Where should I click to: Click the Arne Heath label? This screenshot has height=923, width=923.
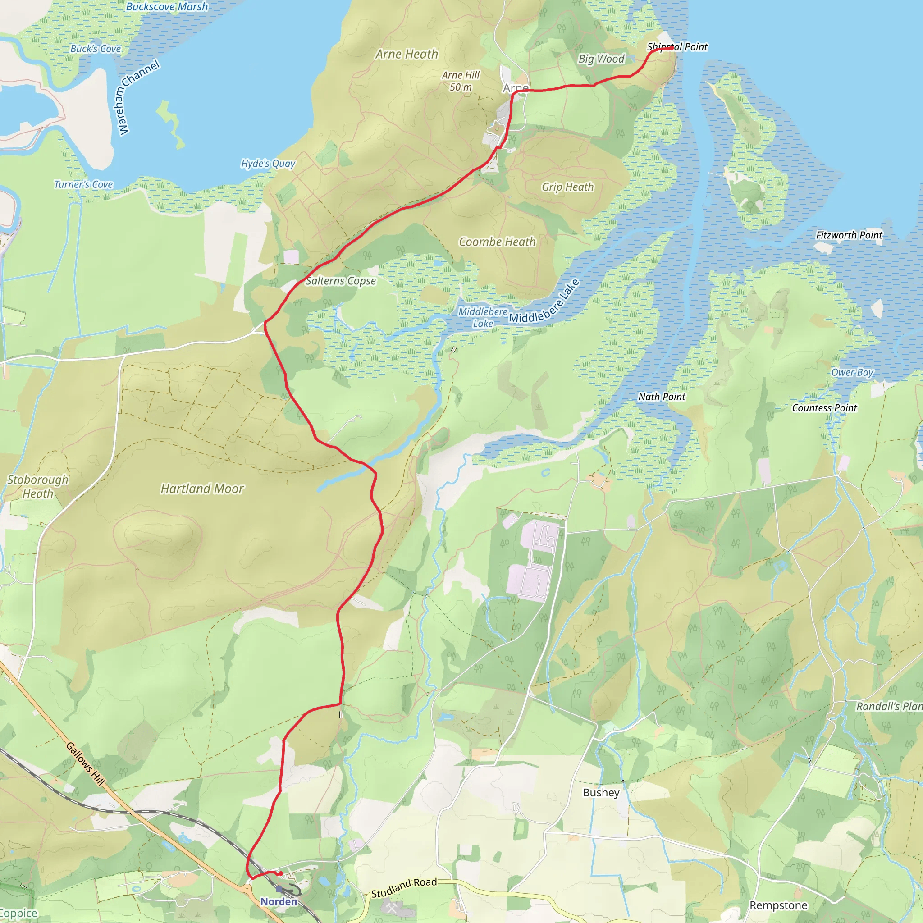pyautogui.click(x=407, y=55)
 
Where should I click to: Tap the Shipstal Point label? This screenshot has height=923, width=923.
pyautogui.click(x=677, y=47)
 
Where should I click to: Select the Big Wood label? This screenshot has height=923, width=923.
pyautogui.click(x=601, y=59)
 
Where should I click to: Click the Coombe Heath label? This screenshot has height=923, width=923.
pyautogui.click(x=498, y=242)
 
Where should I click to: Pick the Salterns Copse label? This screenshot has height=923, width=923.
pyautogui.click(x=341, y=281)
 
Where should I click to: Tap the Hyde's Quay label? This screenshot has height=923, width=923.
pyautogui.click(x=268, y=164)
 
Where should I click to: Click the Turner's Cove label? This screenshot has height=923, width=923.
pyautogui.click(x=84, y=184)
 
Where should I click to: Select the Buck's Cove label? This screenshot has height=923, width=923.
pyautogui.click(x=96, y=49)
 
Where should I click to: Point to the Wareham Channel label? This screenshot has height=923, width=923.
pyautogui.click(x=138, y=97)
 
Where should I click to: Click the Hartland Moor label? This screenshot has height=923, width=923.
pyautogui.click(x=202, y=488)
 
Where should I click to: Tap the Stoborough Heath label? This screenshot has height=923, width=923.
pyautogui.click(x=38, y=486)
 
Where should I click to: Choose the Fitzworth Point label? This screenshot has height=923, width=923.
pyautogui.click(x=849, y=235)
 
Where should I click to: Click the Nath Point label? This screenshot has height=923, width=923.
pyautogui.click(x=662, y=397)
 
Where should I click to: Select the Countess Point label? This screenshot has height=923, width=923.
pyautogui.click(x=824, y=408)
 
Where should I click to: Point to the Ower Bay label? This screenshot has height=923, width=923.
pyautogui.click(x=852, y=373)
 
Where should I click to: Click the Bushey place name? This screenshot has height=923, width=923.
pyautogui.click(x=601, y=793)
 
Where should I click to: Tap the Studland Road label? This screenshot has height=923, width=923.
pyautogui.click(x=404, y=888)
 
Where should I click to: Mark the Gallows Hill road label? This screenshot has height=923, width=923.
pyautogui.click(x=85, y=763)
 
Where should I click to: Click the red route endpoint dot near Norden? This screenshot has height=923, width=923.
pyautogui.click(x=281, y=874)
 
